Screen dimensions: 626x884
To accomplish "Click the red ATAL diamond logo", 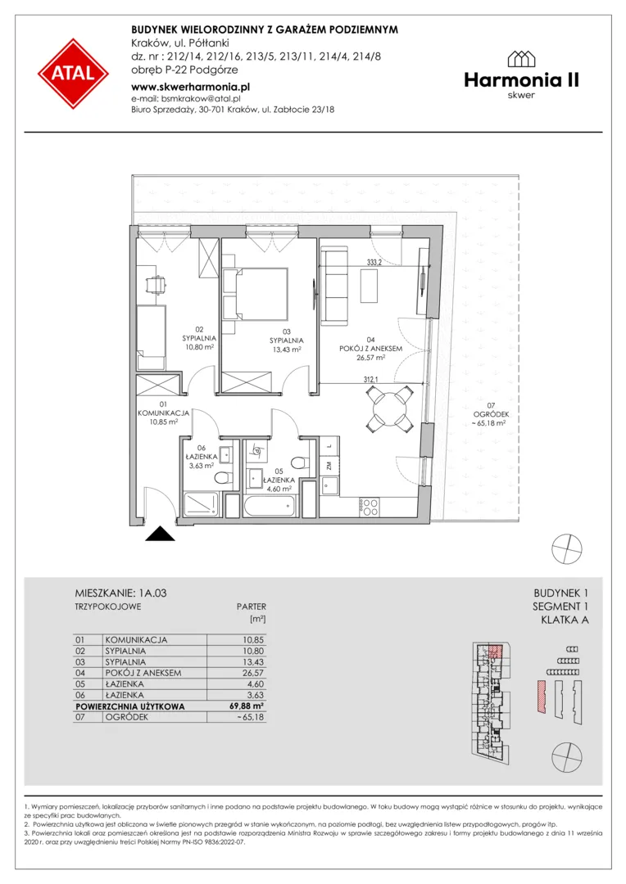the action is (74, 74).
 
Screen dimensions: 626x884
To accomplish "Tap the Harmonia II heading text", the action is (522, 80).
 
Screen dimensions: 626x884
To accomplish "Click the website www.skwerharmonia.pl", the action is (190, 88).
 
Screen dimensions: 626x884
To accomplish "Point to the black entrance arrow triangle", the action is (161, 534).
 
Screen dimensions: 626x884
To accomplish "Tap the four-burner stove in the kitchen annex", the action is (370, 507).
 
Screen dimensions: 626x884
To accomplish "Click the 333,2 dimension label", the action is (374, 262).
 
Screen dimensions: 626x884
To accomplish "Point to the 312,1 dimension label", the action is (371, 380).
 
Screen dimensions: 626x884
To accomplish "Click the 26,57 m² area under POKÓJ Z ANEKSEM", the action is (370, 358).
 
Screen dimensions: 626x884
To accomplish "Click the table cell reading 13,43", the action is (253, 662).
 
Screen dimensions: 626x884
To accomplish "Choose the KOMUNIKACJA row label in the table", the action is (136, 640).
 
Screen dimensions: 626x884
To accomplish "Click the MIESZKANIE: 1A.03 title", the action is (120, 593).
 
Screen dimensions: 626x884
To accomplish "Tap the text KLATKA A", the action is (565, 620).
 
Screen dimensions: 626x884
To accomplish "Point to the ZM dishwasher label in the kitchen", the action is (328, 465).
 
